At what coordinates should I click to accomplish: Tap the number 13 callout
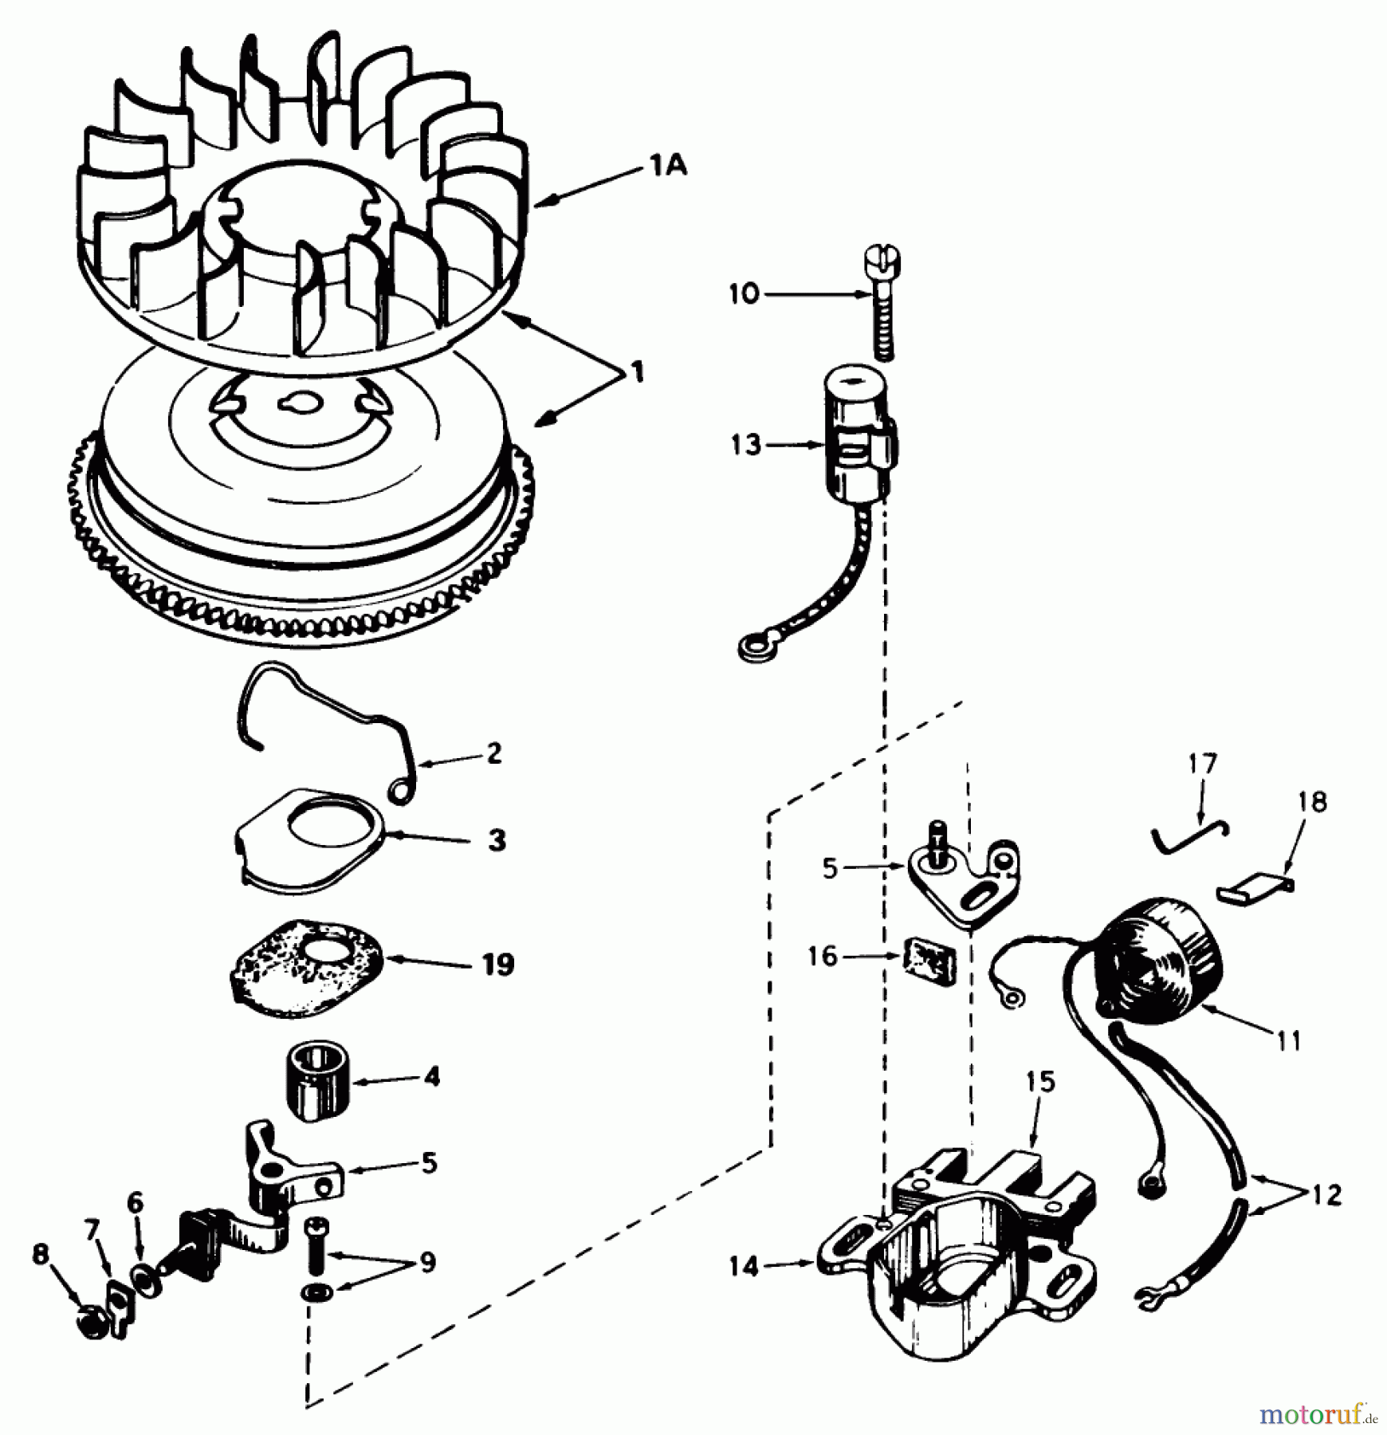click(x=746, y=445)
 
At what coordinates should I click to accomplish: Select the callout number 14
click(x=744, y=1266)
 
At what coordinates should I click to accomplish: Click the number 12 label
click(x=1326, y=1217)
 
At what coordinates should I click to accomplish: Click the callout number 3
click(x=497, y=839)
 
